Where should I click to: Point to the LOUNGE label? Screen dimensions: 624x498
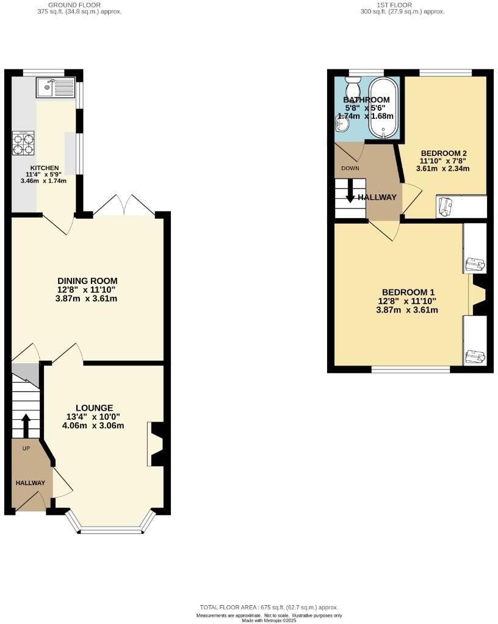pos(94,408)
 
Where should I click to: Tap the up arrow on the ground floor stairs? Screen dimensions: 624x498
pos(26,425)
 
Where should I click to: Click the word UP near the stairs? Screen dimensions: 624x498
pos(26,448)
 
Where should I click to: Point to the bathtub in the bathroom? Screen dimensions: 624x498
pos(383,107)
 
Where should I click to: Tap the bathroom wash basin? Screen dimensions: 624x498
pos(341,124)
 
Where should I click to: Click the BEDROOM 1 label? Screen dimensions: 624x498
pos(406,292)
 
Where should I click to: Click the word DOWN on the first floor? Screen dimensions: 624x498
pos(350,168)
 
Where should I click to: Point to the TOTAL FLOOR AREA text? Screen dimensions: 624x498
pos(269,608)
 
